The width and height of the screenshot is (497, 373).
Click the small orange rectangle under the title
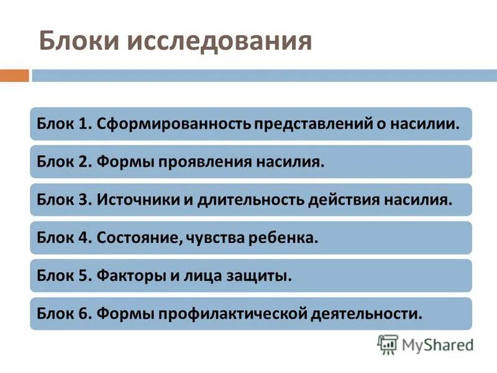click(x=14, y=76)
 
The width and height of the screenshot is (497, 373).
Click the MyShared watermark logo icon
click(x=388, y=344)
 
